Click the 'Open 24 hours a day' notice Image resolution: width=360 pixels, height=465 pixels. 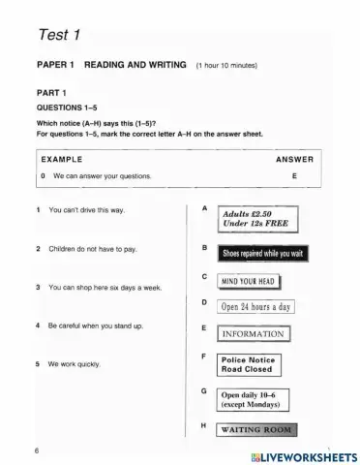pos(255,307)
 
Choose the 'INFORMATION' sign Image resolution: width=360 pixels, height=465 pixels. pos(253,334)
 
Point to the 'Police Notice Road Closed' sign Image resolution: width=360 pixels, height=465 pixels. pos(248,364)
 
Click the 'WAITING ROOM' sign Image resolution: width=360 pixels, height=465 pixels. pos(255,429)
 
